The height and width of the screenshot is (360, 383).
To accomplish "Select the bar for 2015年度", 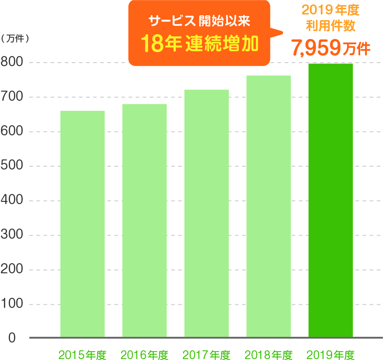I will (x=82, y=224).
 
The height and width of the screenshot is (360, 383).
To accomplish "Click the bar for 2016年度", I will (x=145, y=220).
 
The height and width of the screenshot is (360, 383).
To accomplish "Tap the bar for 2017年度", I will (x=206, y=213).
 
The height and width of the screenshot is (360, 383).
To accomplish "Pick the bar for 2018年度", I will (x=269, y=206).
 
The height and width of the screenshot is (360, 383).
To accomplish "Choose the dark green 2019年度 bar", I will (x=331, y=200).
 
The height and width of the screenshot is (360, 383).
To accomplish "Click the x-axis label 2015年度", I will (x=82, y=354).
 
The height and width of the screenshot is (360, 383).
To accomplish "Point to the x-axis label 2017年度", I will (x=206, y=354).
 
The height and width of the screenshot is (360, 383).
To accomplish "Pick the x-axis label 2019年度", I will (x=331, y=354).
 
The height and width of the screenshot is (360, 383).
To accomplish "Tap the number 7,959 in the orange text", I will (x=316, y=48).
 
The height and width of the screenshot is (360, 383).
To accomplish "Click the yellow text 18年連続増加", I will (x=199, y=44).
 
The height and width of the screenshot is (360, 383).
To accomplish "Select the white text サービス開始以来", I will (x=199, y=21).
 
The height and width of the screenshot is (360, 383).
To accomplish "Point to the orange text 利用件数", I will (x=331, y=25).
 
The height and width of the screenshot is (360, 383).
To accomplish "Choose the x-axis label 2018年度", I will (x=269, y=354).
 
